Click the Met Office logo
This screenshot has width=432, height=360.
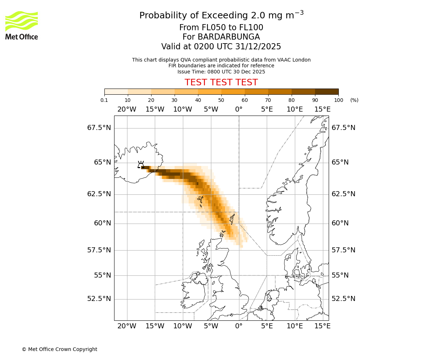pos(22,25)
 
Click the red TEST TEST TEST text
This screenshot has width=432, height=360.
pos(221,82)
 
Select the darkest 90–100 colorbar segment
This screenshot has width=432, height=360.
pos(327,91)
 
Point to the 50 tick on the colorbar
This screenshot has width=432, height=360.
pos(221,100)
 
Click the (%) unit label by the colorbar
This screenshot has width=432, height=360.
pos(354,100)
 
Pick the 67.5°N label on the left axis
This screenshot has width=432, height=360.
pos(99,128)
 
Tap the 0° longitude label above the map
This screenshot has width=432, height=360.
pos(239,109)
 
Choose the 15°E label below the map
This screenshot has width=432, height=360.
pos(323,326)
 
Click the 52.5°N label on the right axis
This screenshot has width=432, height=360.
pos(343,299)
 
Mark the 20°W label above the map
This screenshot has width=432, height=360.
pos(127,109)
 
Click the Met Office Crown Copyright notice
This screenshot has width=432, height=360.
pos(59,349)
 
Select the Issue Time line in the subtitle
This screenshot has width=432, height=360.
pos(221,72)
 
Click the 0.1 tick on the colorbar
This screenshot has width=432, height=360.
pos(104,100)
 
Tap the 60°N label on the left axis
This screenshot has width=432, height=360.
pos(103,223)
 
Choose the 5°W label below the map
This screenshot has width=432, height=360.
pos(211,326)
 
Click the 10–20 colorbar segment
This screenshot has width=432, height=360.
pos(139,91)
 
